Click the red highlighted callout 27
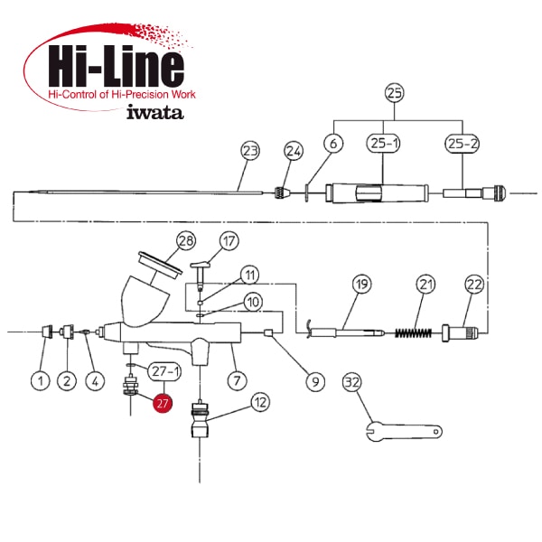pos(163,403)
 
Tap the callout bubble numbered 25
pos(395,93)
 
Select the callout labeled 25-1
pos(383,143)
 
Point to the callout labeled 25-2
pos(463,143)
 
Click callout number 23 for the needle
pos(250,151)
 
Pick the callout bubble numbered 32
pos(352,382)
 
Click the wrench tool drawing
pos(404,431)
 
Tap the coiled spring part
pos(414,332)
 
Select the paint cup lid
pos(160,263)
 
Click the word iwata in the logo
pos(154,112)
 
